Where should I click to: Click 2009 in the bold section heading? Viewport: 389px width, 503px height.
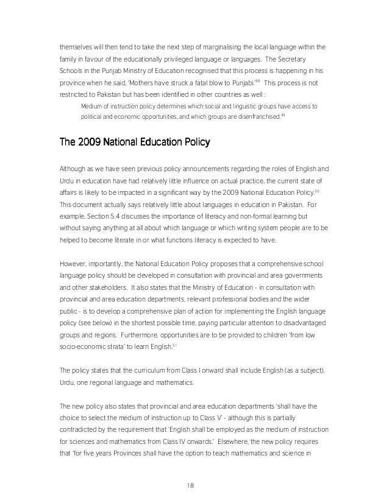coord(90,143)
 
